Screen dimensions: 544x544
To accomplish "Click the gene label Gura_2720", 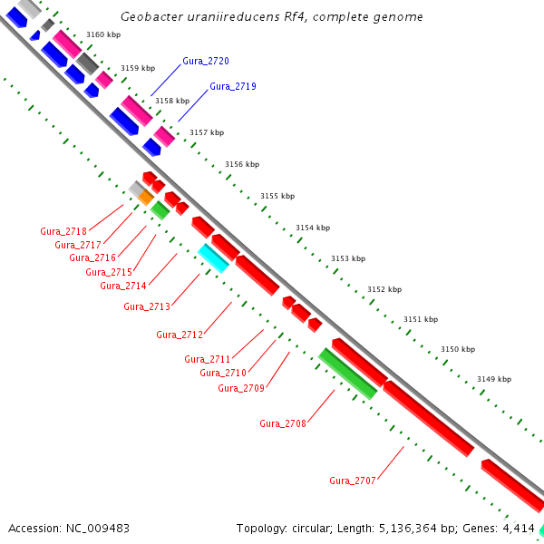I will pos(205,61).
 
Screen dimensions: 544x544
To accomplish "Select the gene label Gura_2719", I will pos(232,86).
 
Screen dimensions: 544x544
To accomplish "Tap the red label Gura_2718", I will pos(63,231).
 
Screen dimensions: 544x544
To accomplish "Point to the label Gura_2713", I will pos(147,306).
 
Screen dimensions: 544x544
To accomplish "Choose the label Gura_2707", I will pos(353,481).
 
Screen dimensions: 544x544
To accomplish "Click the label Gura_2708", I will pos(283,423).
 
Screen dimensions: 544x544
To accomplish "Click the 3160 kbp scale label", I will pos(103,34).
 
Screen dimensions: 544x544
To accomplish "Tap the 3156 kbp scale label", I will pos(242,164).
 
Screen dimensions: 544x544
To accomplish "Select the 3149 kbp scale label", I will pos(493,379).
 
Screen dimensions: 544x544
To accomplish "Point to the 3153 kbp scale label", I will pos(349,258).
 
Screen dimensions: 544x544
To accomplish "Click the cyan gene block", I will pos(213,257).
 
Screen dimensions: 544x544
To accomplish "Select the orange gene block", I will pos(145,197).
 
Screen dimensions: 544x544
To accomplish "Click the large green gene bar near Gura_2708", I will pos(347,374).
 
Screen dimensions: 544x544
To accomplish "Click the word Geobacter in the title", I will pos(151,17).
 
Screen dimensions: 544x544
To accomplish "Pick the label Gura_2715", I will pos(109,272).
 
